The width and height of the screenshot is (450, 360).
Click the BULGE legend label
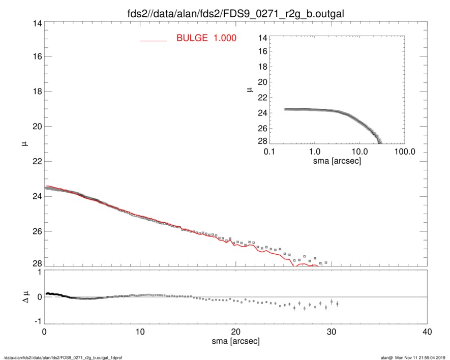pyautogui.click(x=206, y=38)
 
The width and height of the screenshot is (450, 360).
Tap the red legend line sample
pyautogui.click(x=153, y=40)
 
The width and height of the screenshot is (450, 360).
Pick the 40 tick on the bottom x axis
pyautogui.click(x=427, y=332)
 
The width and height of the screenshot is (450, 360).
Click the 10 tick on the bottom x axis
pyautogui.click(x=140, y=332)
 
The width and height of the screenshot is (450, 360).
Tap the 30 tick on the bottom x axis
pyautogui.click(x=332, y=332)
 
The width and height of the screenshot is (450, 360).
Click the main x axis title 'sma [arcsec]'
pyautogui.click(x=235, y=341)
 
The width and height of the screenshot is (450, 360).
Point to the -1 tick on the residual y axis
pyautogui.click(x=37, y=321)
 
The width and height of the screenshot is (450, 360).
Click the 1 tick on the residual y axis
pyautogui.click(x=39, y=272)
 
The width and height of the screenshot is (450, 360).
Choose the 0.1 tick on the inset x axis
pyautogui.click(x=269, y=152)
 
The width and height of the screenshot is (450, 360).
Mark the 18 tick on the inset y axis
pyautogui.click(x=262, y=67)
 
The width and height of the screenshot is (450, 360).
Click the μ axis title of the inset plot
pyautogui.click(x=250, y=89)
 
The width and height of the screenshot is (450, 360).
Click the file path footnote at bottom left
pyautogui.click(x=63, y=357)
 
